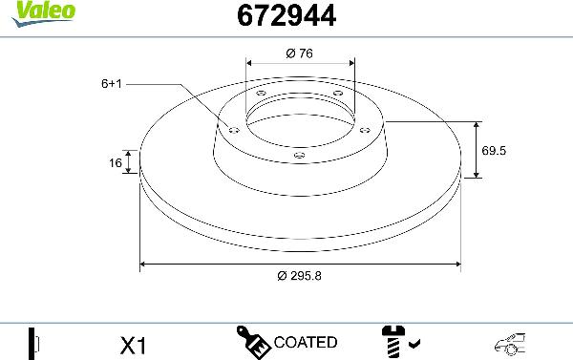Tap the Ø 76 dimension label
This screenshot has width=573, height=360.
[x=300, y=53]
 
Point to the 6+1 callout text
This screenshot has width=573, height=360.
[x=113, y=84]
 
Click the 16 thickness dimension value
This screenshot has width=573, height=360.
[x=116, y=163]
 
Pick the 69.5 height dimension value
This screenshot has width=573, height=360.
[x=494, y=151]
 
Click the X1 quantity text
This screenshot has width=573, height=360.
[x=134, y=343]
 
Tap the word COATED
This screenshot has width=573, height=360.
[x=305, y=342]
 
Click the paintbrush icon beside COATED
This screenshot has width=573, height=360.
[x=252, y=341]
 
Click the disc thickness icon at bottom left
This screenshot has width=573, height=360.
[x=34, y=342]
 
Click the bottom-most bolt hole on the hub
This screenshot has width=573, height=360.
[x=299, y=154]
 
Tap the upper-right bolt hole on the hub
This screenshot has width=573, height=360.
[x=337, y=93]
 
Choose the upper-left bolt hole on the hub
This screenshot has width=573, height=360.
[x=262, y=93]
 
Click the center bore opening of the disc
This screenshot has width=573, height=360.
[x=300, y=119]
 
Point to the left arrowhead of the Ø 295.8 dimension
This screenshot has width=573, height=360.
[x=144, y=263]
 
